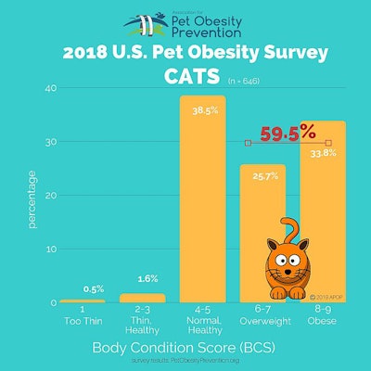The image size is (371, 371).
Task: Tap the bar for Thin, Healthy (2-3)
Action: tap(142, 298)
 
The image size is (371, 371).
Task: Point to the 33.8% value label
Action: tap(323, 155)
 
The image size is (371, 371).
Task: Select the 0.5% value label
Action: tap(82, 288)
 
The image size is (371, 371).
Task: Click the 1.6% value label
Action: tap(142, 278)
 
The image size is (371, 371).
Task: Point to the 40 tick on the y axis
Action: tap(51, 88)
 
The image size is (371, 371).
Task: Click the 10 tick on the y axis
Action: tap(51, 249)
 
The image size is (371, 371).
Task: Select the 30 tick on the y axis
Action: tap(51, 142)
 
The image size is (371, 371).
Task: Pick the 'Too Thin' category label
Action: tap(82, 322)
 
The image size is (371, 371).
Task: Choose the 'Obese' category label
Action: tap(323, 322)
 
